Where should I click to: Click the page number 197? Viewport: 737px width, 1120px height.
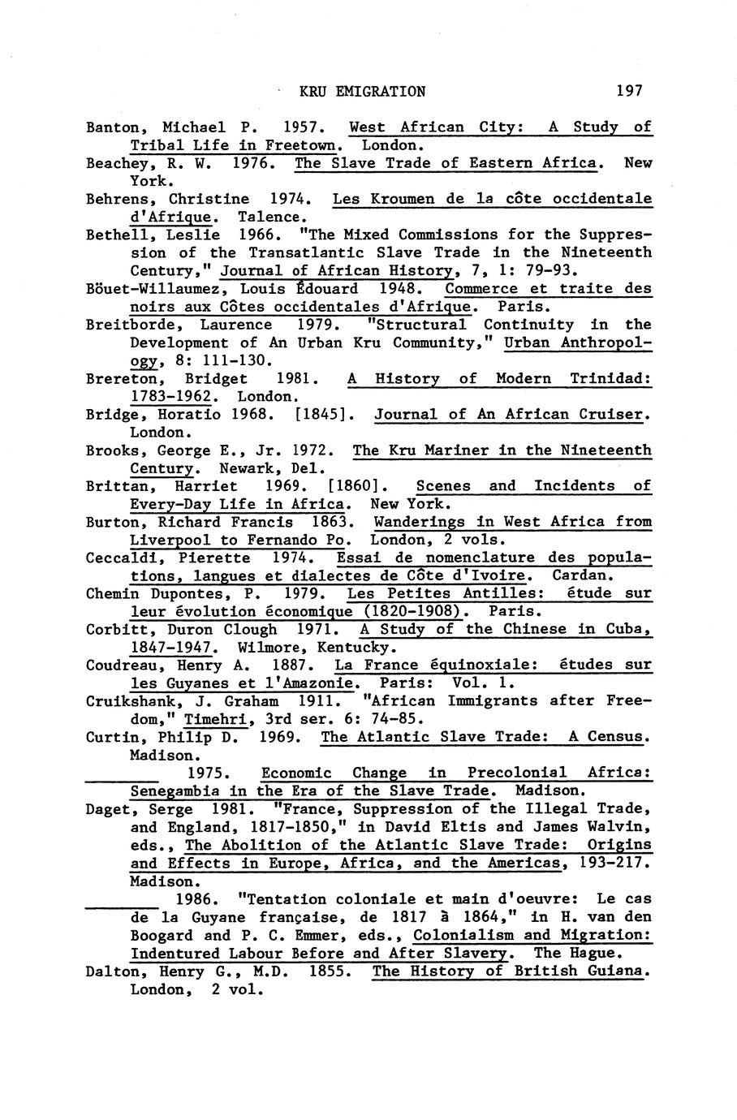click(629, 91)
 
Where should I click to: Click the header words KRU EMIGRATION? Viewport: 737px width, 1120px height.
click(362, 91)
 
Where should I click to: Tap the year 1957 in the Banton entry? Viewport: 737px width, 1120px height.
click(304, 127)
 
